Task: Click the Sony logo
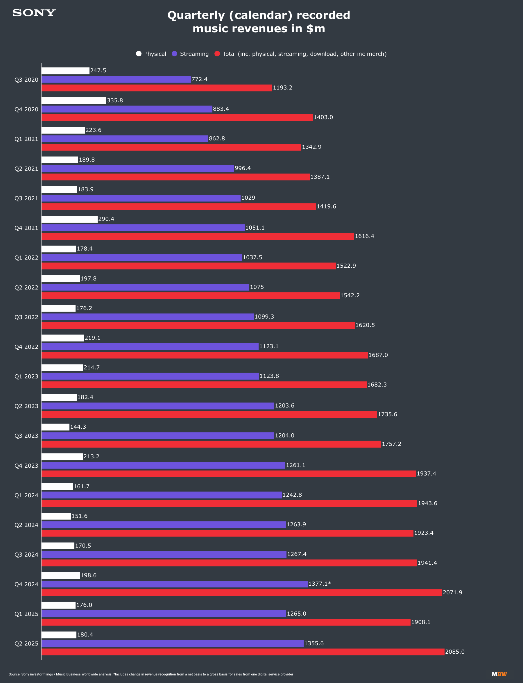(34, 13)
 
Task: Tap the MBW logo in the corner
(499, 674)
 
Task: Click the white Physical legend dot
(139, 54)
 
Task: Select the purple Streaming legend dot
(174, 54)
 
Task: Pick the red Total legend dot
(217, 54)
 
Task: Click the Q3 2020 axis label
(26, 80)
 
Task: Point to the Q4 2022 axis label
(26, 347)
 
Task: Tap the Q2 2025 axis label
(26, 644)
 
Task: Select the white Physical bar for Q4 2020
(74, 100)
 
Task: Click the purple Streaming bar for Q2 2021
(138, 169)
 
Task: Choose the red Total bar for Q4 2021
(198, 236)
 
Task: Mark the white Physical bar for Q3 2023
(55, 427)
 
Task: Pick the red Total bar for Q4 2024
(241, 593)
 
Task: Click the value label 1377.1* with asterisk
(319, 584)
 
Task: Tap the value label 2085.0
(454, 652)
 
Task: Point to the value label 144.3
(78, 427)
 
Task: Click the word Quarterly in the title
(196, 15)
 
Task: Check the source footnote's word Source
(14, 674)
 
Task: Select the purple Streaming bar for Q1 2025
(164, 614)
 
